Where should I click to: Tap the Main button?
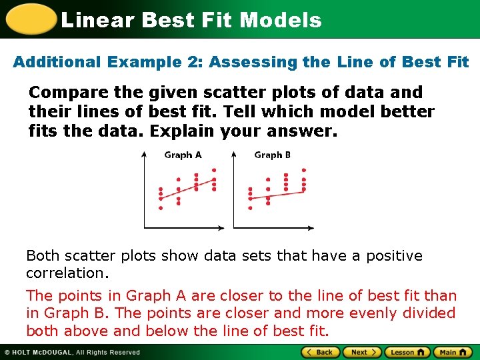[x=453, y=352]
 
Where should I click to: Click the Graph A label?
[x=183, y=155]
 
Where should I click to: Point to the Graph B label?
[x=272, y=155]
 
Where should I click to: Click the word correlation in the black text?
[x=67, y=273]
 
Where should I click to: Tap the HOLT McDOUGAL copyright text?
[x=73, y=352]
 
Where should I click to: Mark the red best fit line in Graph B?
[x=277, y=195]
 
